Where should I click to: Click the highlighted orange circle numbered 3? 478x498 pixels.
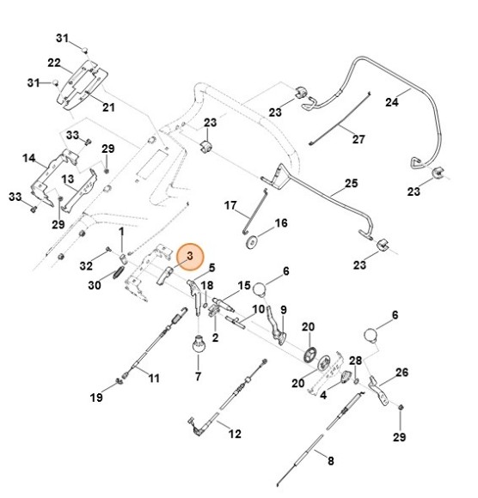tap(190, 257)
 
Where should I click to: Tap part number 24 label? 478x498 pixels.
tap(391, 102)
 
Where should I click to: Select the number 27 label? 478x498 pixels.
tap(358, 139)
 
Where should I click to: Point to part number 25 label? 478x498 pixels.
tap(351, 183)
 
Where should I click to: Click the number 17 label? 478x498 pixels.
tap(230, 205)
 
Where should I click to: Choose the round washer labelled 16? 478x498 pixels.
tap(252, 242)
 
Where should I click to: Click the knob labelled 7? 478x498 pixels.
tap(199, 343)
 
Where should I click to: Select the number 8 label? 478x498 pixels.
tap(331, 461)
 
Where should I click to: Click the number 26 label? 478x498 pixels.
tap(401, 373)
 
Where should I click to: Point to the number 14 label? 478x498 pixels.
tap(29, 158)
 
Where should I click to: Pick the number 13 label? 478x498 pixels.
tap(67, 179)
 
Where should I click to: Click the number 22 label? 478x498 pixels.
tap(54, 63)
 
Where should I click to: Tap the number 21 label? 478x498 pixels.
tap(108, 107)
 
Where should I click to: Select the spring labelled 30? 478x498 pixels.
tap(119, 273)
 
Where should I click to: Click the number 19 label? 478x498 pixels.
tap(96, 398)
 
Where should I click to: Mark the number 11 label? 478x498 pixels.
tap(154, 379)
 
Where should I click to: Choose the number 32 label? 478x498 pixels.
tap(86, 266)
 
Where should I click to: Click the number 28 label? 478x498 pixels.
tap(355, 361)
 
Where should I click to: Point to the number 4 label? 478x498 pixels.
tap(323, 396)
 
